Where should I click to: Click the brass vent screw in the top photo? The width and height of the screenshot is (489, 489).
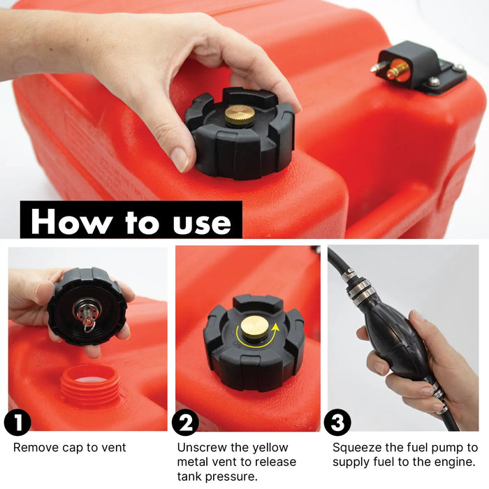[x=240, y=115]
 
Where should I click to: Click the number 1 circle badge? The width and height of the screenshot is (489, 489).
[x=17, y=423]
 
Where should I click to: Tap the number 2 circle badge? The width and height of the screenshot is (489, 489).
[x=185, y=423]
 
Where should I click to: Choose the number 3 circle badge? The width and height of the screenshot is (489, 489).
[x=337, y=423]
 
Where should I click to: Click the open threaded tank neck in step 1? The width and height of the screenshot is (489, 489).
[x=91, y=385]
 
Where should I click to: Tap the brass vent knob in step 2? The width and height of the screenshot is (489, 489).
[x=255, y=327]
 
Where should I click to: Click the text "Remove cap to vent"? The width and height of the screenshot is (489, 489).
[x=70, y=448]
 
